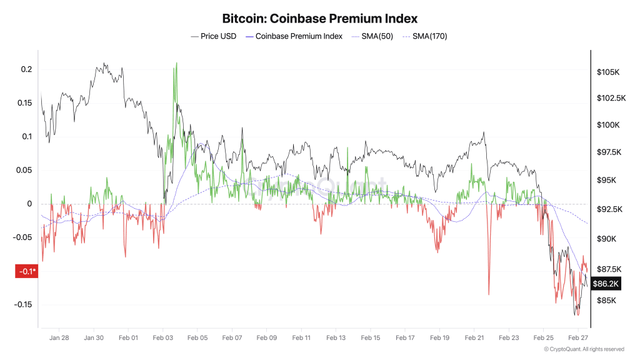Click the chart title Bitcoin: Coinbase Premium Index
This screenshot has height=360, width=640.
tap(319, 19)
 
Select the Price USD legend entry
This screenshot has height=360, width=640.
tap(214, 36)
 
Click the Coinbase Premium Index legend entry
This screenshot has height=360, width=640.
tap(294, 36)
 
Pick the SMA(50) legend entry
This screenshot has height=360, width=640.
tap(372, 36)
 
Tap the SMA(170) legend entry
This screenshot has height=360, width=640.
tap(425, 36)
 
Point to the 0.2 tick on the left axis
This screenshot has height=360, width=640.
tap(26, 69)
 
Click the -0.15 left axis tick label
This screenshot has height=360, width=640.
tap(23, 305)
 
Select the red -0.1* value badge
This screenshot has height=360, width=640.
tap(26, 271)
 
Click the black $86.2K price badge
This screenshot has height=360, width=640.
tap(606, 284)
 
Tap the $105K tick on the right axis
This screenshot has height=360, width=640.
tap(608, 72)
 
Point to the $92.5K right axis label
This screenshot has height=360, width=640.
tap(610, 209)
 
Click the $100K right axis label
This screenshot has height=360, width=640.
tap(608, 125)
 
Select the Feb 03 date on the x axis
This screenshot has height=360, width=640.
tap(163, 338)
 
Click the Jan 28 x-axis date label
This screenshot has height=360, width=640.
tap(59, 338)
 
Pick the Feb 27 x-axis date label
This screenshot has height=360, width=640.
tap(578, 338)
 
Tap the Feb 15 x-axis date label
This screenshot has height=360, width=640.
tap(371, 338)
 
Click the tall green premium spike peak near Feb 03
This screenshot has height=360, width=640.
tap(176, 63)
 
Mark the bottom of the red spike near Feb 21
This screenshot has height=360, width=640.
tap(489, 294)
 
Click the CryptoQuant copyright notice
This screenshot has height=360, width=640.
tap(584, 349)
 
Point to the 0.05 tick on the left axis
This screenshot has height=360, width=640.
tap(24, 170)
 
